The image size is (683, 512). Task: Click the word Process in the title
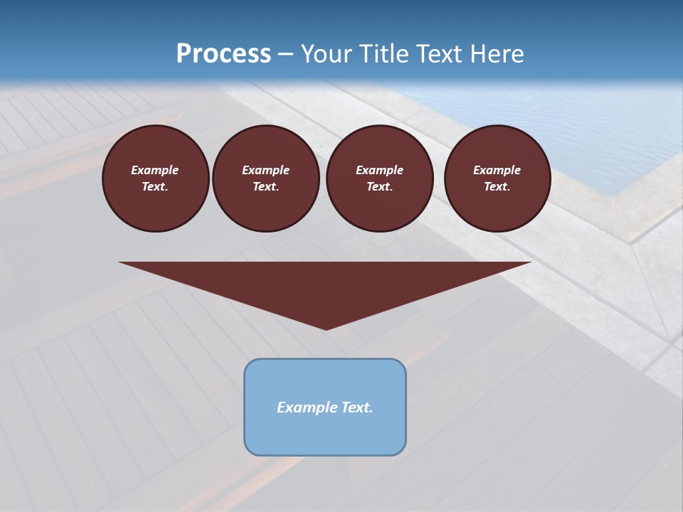(x=223, y=54)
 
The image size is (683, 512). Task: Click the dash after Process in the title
(x=285, y=55)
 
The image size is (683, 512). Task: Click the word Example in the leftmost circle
(x=155, y=170)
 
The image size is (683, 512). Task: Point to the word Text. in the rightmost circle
(x=497, y=187)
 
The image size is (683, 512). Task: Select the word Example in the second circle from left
(x=265, y=170)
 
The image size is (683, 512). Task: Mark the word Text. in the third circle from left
(x=379, y=187)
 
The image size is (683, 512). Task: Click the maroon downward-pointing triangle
(x=325, y=284)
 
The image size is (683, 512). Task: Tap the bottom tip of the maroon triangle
(x=326, y=328)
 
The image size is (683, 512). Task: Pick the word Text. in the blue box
(x=356, y=407)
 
